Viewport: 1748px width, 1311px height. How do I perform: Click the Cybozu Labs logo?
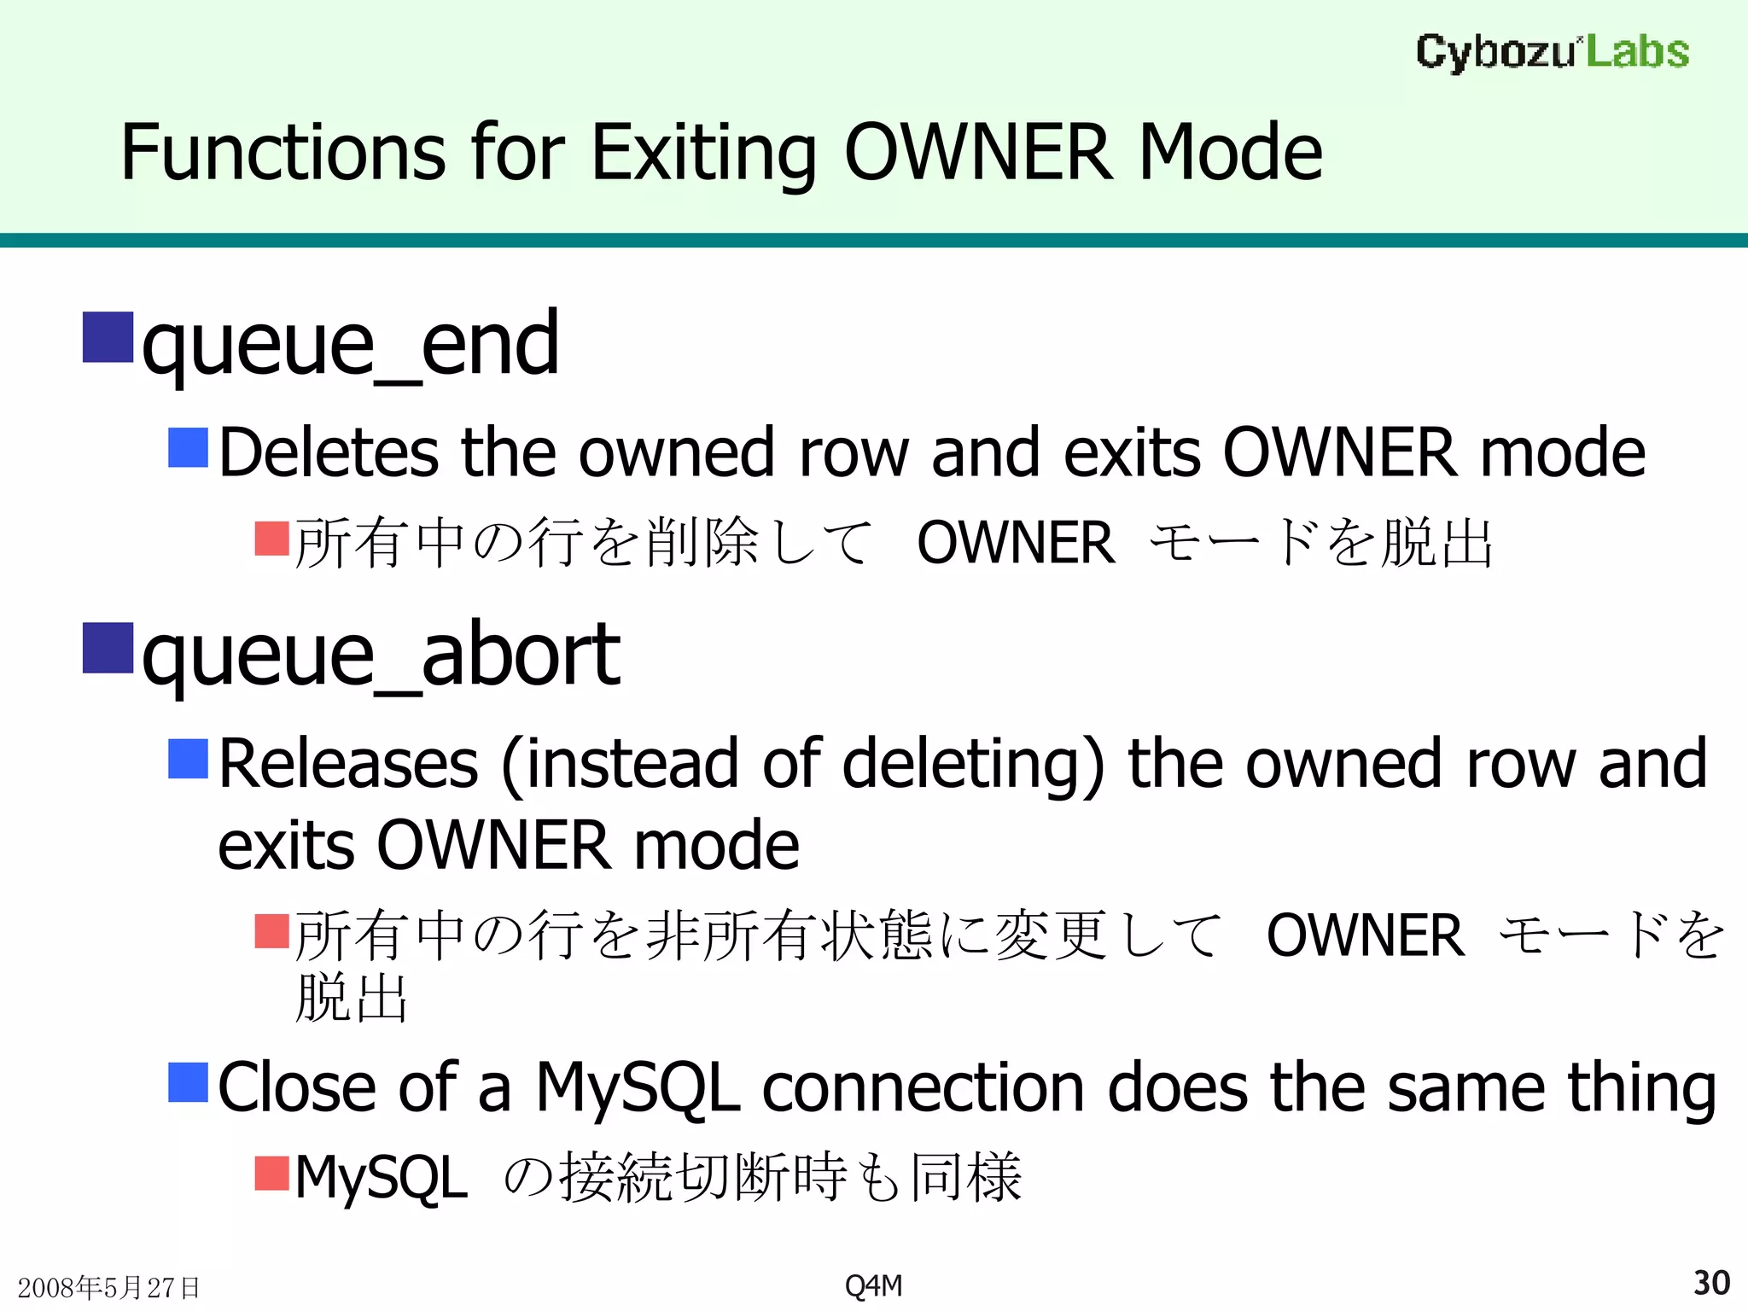click(x=1552, y=52)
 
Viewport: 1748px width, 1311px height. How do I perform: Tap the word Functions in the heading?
click(x=283, y=153)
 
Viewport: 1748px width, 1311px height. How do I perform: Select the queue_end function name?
click(x=350, y=343)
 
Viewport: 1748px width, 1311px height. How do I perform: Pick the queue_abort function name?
click(x=381, y=655)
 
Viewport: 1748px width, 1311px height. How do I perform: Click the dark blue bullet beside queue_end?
click(x=108, y=338)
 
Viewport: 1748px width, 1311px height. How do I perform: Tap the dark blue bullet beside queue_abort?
click(x=108, y=649)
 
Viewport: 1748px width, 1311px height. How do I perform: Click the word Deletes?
click(x=329, y=452)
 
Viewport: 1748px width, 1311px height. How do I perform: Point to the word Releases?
click(x=348, y=763)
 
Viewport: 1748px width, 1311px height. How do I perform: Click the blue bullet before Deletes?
click(x=189, y=448)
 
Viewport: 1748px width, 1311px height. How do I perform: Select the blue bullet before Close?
click(x=189, y=1082)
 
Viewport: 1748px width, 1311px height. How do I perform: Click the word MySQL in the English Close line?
click(x=638, y=1088)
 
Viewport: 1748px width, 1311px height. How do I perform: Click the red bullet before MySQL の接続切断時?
click(x=272, y=1173)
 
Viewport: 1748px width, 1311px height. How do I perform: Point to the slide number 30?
click(x=1711, y=1283)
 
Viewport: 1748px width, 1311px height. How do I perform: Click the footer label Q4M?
click(x=873, y=1285)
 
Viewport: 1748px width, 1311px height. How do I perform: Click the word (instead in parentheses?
click(x=620, y=763)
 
